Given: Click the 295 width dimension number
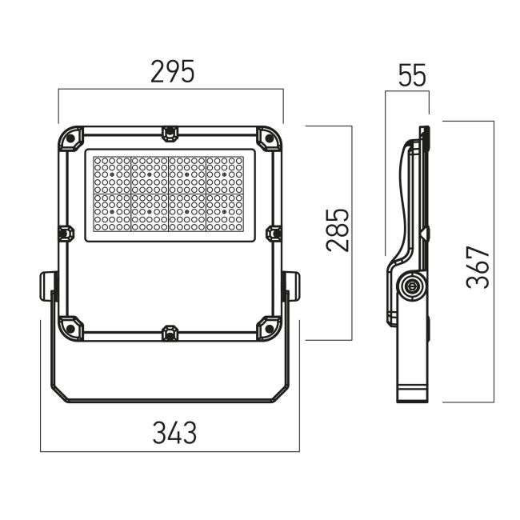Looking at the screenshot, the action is (173, 72).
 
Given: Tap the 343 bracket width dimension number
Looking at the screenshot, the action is (174, 433).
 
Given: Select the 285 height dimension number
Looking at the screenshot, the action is (338, 230).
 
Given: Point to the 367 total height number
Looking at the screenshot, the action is (478, 267).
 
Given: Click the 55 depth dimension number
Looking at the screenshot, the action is (412, 75).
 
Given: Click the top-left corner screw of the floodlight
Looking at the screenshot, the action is (70, 138).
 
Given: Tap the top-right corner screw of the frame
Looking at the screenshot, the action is (270, 138).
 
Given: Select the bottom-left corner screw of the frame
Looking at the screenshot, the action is (70, 328).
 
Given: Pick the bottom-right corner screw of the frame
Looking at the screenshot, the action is (270, 328).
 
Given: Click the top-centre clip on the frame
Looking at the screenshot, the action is (170, 134).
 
